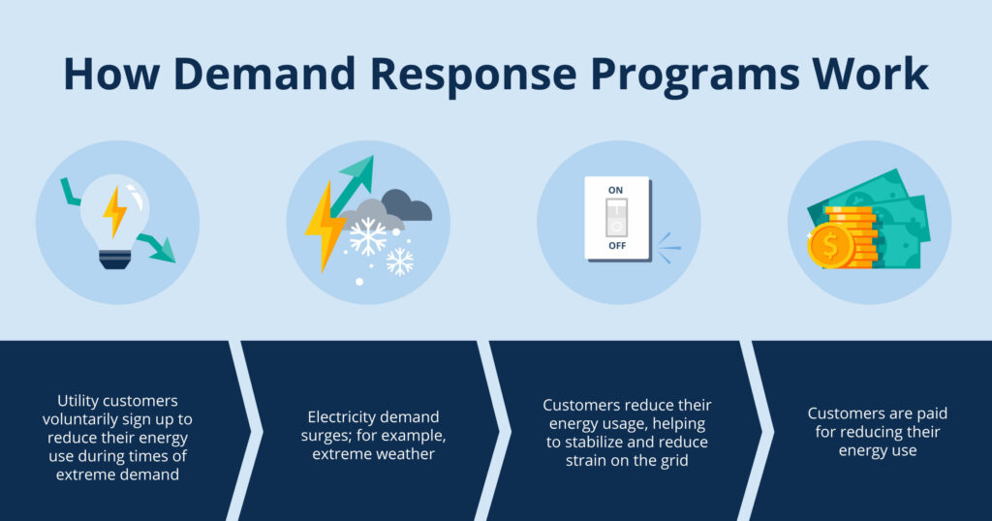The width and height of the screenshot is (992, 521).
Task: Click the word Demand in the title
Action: [x=263, y=74]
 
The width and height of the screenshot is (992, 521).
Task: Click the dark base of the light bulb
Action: [x=115, y=260]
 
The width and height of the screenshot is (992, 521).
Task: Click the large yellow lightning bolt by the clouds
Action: [x=325, y=226]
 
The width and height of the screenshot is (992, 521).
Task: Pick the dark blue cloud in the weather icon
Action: [x=407, y=205]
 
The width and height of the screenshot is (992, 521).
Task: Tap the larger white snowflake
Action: [x=367, y=236]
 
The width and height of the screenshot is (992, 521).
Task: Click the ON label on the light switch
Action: [x=615, y=190]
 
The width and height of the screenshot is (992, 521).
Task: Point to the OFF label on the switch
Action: [x=617, y=245]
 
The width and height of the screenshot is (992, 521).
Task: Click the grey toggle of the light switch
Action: [x=616, y=218]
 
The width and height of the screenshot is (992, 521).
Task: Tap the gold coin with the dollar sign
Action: [x=830, y=246]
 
